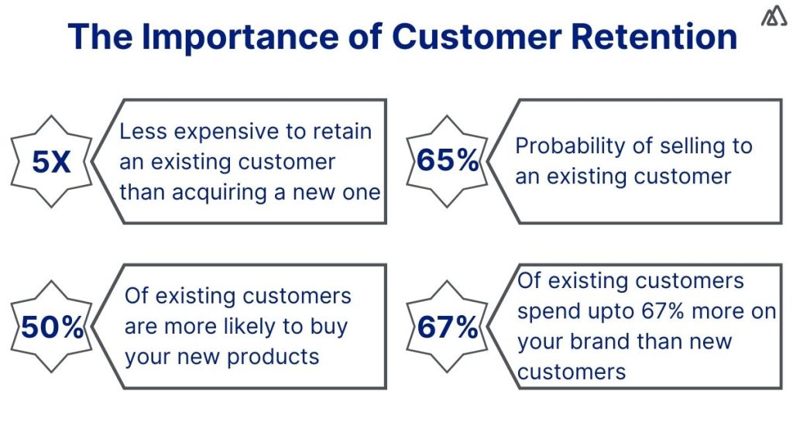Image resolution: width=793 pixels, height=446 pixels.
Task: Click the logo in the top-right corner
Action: [x=774, y=16]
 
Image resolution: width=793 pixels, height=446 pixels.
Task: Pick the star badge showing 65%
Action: [x=448, y=161]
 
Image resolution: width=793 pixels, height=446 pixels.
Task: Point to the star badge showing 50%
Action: [x=52, y=328]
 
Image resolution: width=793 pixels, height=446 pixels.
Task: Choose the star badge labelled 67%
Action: [x=448, y=328]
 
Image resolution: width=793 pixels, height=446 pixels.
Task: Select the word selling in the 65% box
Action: [x=676, y=146]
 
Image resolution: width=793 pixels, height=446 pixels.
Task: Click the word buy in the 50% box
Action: [x=328, y=326]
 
